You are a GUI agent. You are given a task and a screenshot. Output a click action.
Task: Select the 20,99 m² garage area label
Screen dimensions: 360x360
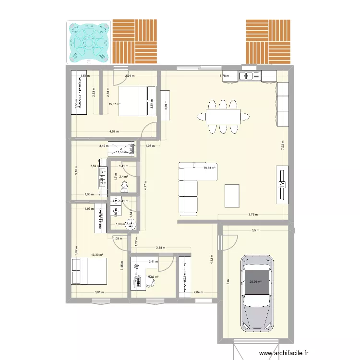255,282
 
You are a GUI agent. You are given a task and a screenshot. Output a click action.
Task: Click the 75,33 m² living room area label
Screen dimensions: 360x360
209,168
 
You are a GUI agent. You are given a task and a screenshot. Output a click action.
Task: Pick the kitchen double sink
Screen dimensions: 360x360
250,75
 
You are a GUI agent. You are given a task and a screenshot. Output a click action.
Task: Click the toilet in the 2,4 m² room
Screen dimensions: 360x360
125,187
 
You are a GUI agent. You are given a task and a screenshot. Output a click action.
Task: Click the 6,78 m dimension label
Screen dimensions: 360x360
224,76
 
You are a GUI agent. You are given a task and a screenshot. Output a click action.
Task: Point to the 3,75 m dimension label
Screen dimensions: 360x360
253,215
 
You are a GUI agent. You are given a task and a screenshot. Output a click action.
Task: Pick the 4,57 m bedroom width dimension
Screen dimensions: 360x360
114,132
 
